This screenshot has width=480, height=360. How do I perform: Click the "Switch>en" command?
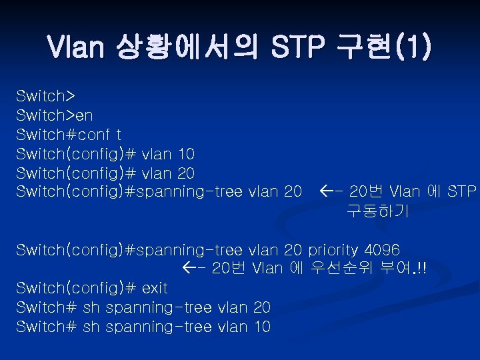click(55, 116)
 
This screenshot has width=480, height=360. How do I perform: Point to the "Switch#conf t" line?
click(69, 135)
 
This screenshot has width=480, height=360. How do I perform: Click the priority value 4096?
click(381, 250)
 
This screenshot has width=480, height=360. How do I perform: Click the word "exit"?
click(155, 288)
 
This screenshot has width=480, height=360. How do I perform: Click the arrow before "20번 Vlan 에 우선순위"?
click(195, 269)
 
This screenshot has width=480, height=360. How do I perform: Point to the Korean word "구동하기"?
click(378, 212)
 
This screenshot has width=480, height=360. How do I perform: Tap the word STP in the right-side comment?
click(462, 193)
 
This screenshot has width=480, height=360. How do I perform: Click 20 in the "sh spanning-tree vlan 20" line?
click(262, 307)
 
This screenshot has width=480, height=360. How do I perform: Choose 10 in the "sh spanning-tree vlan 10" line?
click(262, 327)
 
